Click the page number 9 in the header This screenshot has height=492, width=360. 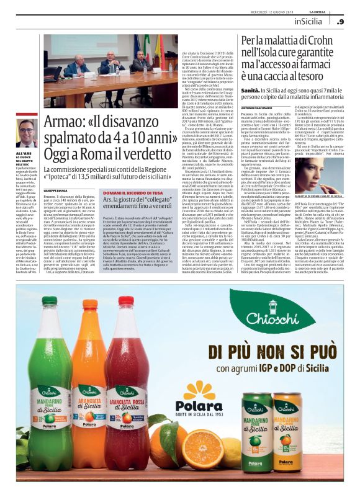[x=341, y=22]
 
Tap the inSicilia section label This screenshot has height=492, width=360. [x=313, y=22]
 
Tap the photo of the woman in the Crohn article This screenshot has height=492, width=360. [x=318, y=169]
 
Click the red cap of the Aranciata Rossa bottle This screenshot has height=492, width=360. [x=127, y=301]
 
